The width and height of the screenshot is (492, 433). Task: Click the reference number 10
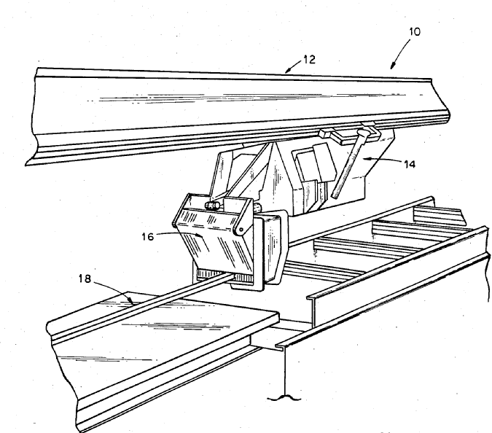[x=415, y=31]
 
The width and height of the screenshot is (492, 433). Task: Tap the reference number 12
[x=309, y=60]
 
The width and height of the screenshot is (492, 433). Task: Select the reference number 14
[x=409, y=164]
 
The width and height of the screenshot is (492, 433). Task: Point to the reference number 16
[x=148, y=236]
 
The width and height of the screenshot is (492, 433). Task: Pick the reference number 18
[x=85, y=278]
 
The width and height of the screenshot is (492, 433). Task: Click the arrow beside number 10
[x=401, y=53]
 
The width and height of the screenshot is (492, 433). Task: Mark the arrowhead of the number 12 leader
[x=287, y=71]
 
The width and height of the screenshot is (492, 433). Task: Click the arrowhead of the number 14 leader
[x=366, y=158]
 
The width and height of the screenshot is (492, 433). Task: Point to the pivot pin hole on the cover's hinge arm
[x=241, y=230]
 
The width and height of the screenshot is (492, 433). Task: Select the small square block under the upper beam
[x=325, y=134]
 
